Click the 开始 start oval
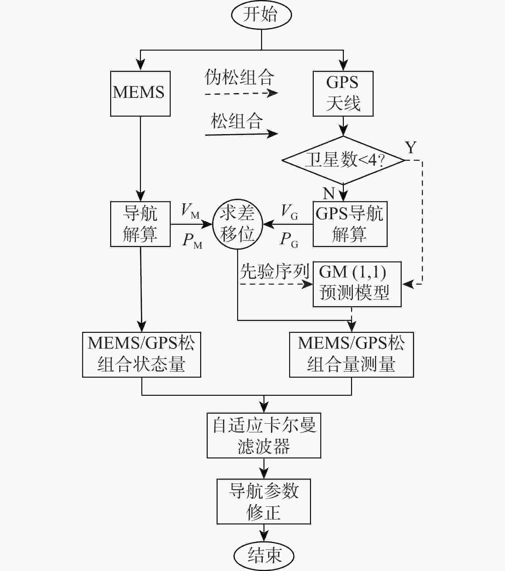[261, 15]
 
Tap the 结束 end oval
[264, 555]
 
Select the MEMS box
[140, 93]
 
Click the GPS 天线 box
[343, 93]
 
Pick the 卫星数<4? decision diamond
[343, 160]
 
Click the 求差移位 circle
[237, 224]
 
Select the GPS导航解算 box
[350, 224]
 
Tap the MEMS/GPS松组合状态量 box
[141, 354]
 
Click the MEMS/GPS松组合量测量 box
[351, 354]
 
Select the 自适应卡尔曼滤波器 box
[264, 435]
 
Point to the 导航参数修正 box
[264, 501]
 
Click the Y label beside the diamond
[411, 147]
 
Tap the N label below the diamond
[328, 194]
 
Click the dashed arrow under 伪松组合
[241, 93]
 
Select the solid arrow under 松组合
[241, 134]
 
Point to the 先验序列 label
[274, 272]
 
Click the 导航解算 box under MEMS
[140, 224]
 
